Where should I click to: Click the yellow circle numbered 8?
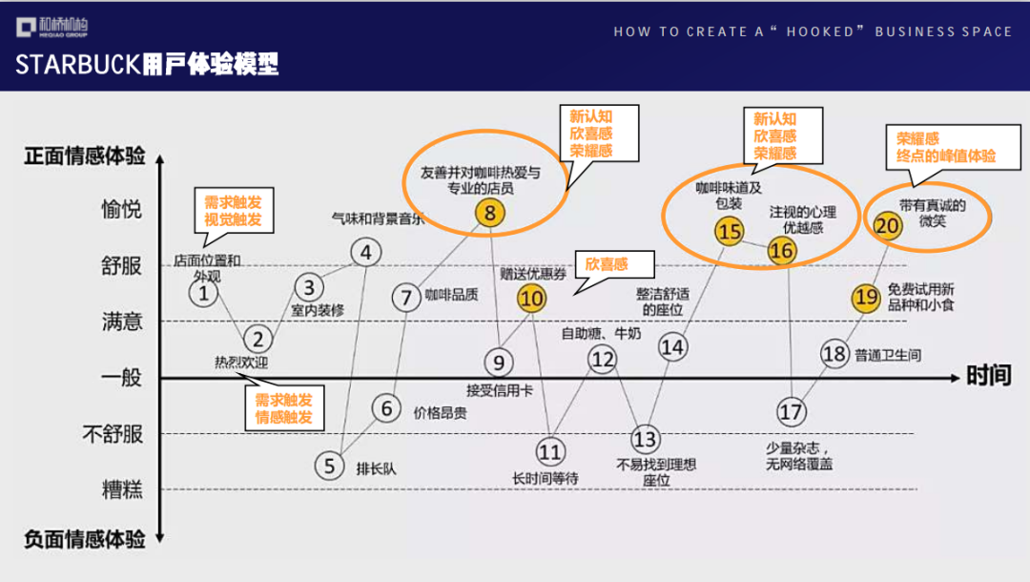click(490, 213)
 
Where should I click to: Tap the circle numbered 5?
click(329, 466)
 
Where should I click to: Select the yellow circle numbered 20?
click(888, 225)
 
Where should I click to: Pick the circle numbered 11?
click(550, 451)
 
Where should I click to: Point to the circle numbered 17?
click(791, 411)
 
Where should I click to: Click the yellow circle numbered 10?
click(531, 299)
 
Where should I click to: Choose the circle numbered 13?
click(646, 439)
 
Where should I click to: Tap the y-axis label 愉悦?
click(122, 209)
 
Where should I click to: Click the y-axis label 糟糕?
click(122, 490)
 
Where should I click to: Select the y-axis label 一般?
click(122, 378)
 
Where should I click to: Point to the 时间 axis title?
click(988, 375)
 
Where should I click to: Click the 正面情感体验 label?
click(85, 156)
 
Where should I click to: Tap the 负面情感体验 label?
click(85, 539)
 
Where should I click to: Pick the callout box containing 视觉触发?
click(233, 210)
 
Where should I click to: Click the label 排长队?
click(376, 468)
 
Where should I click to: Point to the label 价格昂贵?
click(440, 413)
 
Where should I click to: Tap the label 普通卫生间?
click(888, 356)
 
